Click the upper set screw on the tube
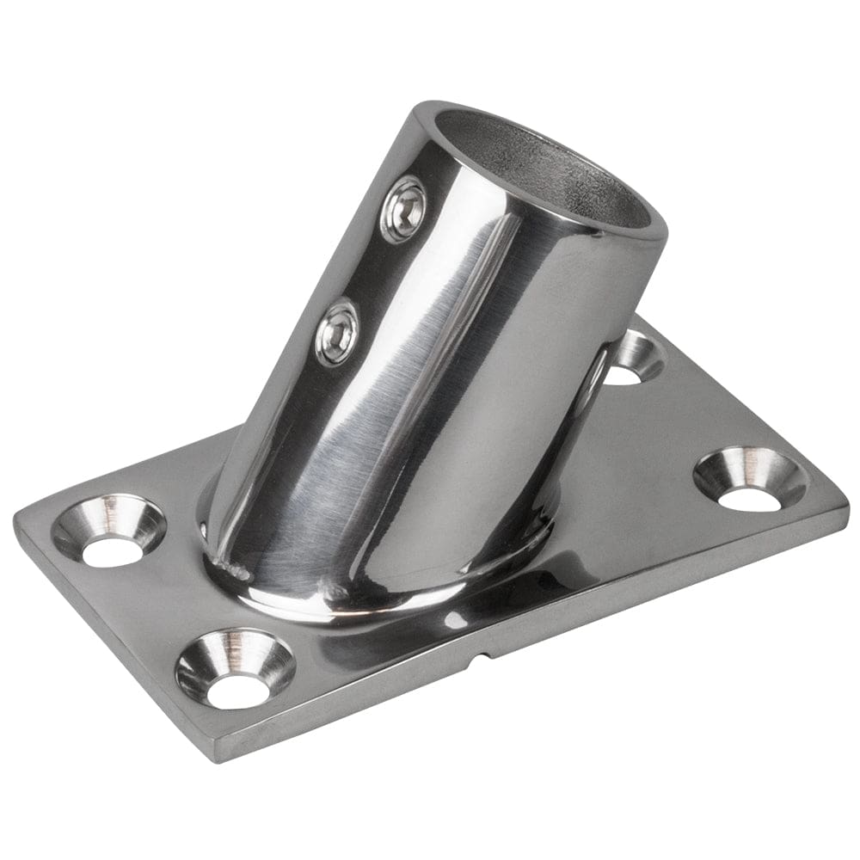(402, 207)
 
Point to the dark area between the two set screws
(370, 267)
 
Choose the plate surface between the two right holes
(688, 421)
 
